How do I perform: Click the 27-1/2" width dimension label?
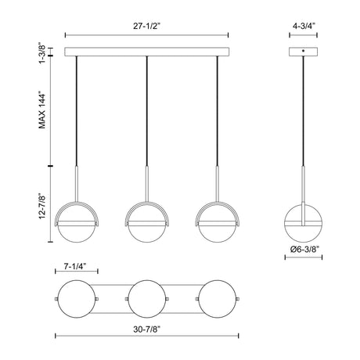(146, 26)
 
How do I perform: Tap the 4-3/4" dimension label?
(304, 26)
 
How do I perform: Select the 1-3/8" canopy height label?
(42, 52)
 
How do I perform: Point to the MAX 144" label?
(42, 110)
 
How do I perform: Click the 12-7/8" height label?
(42, 206)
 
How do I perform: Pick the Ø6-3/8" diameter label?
(304, 250)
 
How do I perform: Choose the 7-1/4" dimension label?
(75, 266)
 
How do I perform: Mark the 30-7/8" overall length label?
(146, 329)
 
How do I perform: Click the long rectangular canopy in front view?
(147, 52)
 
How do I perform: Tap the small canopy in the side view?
(303, 52)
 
